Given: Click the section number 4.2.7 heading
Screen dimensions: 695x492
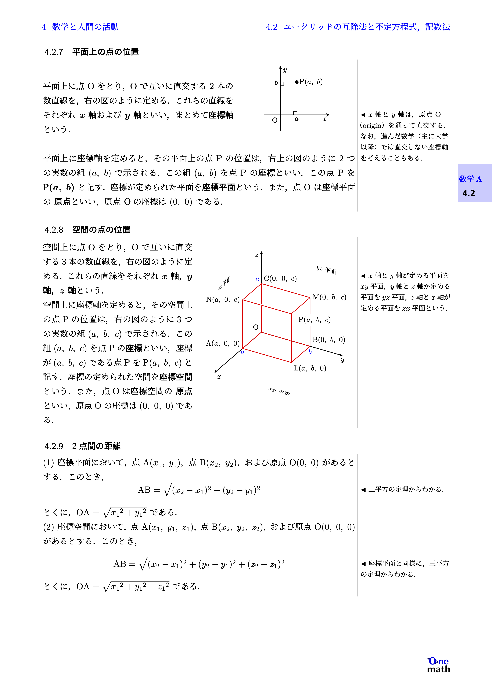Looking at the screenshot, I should tap(54, 52).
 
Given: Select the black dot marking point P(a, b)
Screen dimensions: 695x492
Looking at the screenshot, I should tap(297, 82).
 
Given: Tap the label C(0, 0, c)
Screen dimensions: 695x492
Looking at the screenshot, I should tap(280, 278).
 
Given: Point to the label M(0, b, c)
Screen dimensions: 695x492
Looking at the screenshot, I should tap(329, 297).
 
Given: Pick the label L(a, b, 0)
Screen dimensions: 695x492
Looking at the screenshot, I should tap(310, 368).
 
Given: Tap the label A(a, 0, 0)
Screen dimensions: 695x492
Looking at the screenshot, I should tap(223, 343).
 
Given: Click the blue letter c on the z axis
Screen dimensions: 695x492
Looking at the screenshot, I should tap(257, 279).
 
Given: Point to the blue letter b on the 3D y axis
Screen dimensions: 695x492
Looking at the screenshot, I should tap(310, 352).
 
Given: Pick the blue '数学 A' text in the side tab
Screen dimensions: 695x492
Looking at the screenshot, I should tap(470, 179).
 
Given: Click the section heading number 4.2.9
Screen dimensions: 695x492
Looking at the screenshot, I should tap(54, 446).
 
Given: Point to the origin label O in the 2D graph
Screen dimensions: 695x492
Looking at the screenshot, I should tap(275, 120).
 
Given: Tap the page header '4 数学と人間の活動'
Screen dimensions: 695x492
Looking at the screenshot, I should tap(80, 27).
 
